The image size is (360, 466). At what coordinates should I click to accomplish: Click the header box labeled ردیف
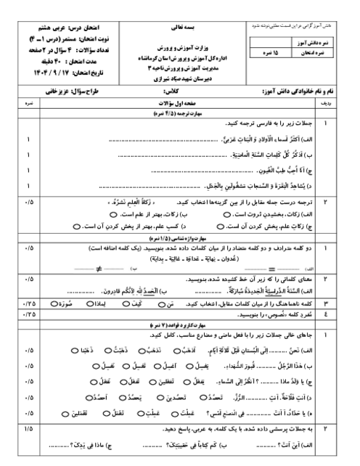pos(326,105)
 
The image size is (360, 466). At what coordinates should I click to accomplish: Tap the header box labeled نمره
pos(30,105)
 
